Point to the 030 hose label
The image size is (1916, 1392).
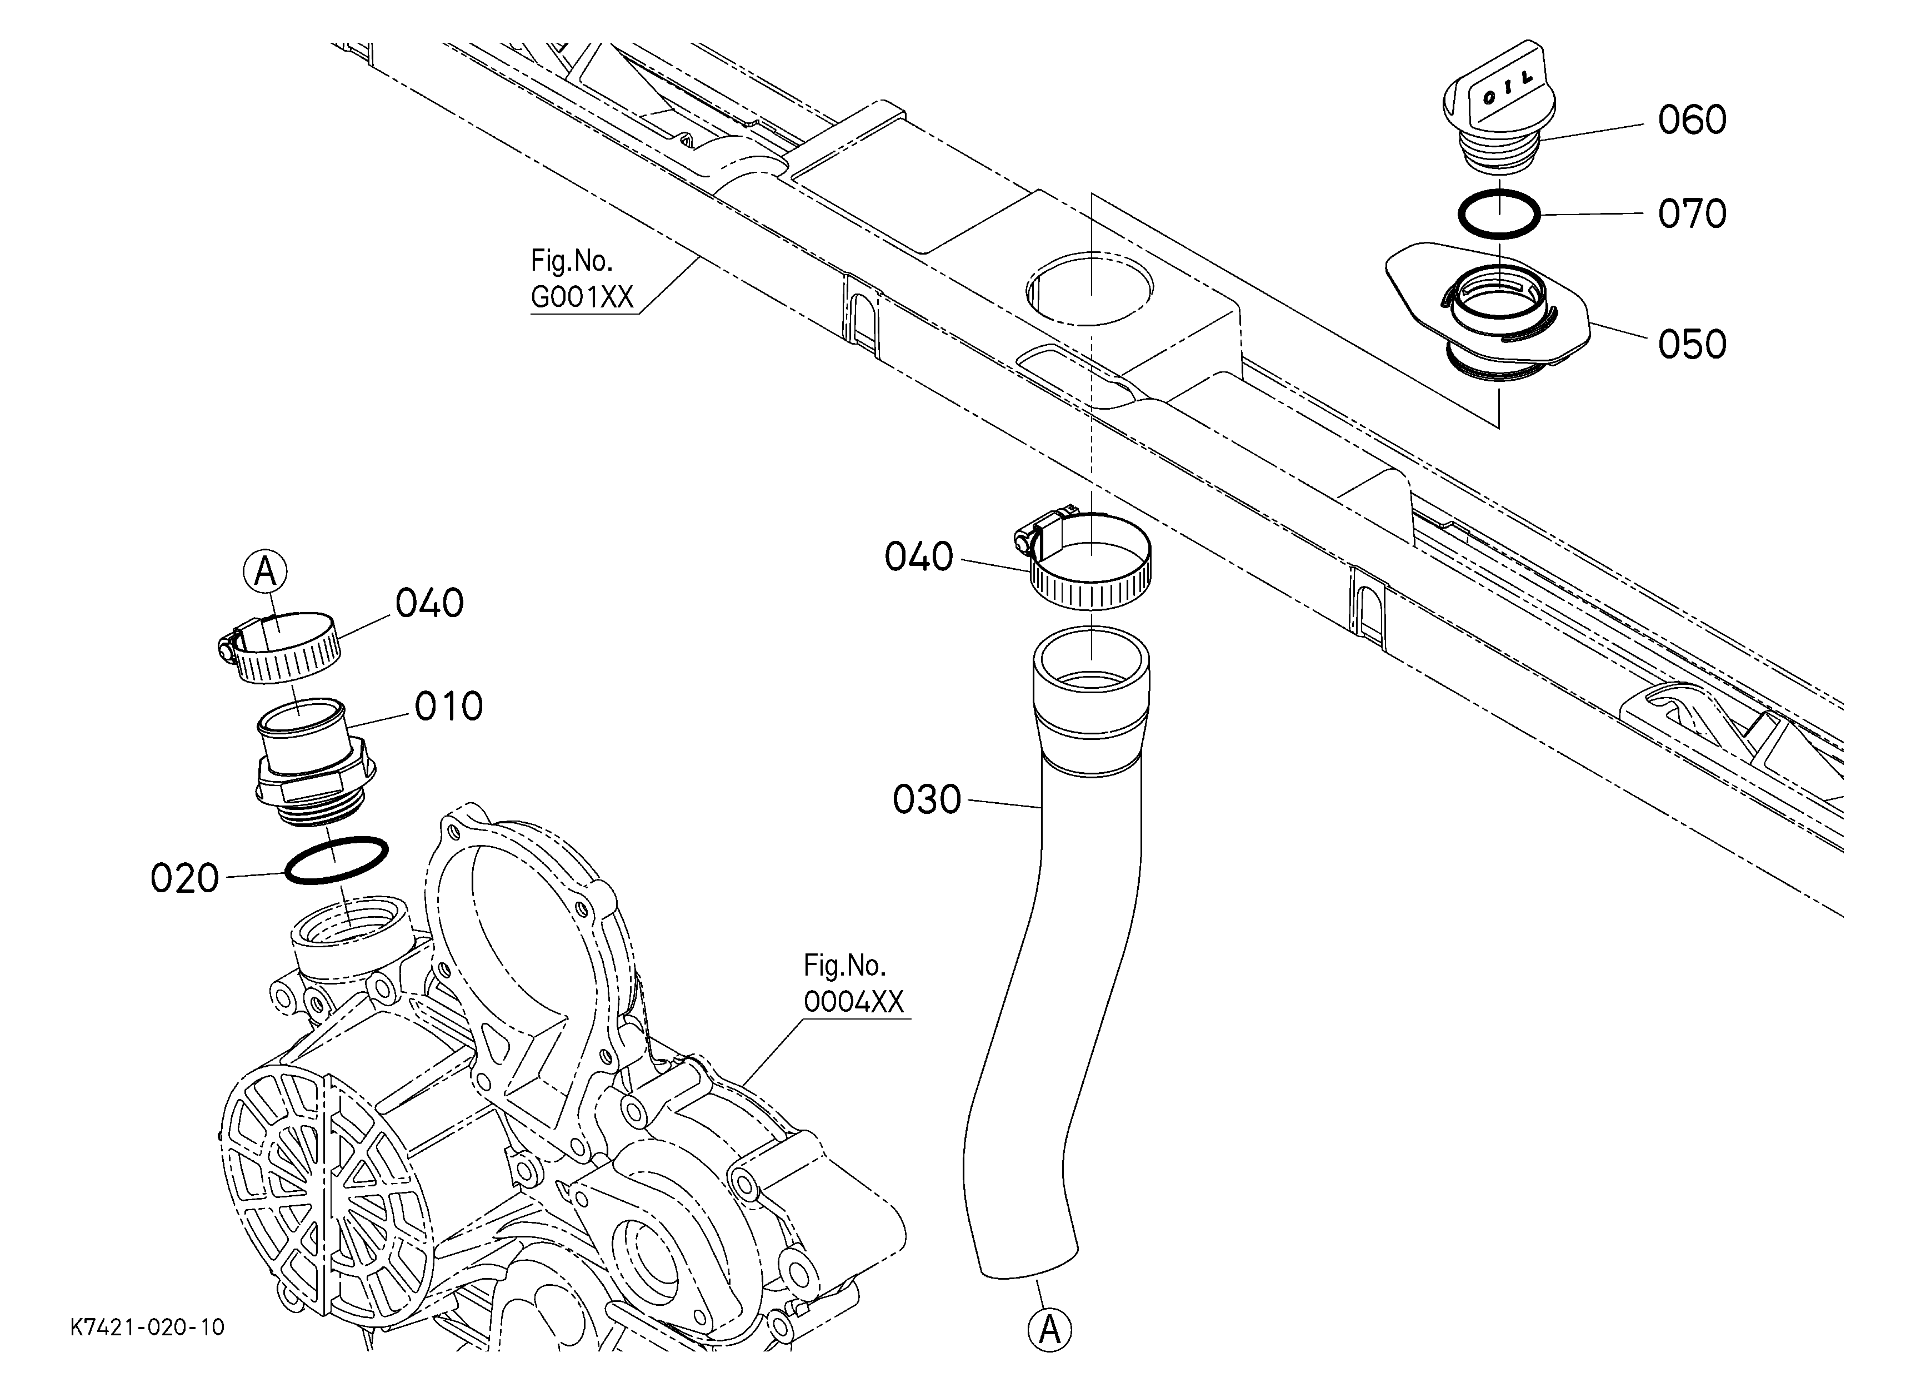pos(927,799)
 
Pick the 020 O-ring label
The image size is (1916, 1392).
pos(184,879)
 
